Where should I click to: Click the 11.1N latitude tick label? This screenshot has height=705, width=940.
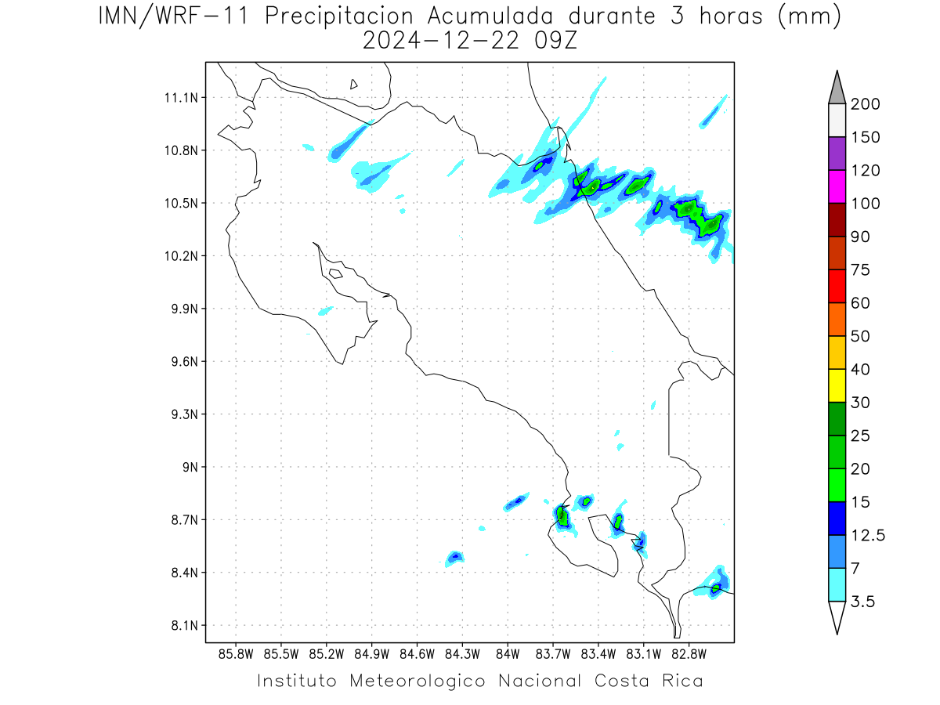[x=181, y=98]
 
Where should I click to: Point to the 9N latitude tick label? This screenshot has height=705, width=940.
[x=190, y=467]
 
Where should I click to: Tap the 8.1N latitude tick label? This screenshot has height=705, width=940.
[x=185, y=625]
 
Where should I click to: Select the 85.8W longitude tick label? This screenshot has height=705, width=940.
[x=236, y=655]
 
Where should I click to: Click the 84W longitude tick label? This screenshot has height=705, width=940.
[x=508, y=655]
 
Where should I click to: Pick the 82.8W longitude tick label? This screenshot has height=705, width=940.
[x=689, y=655]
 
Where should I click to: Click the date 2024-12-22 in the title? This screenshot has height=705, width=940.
[x=441, y=41]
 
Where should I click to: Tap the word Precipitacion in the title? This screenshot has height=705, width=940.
[x=339, y=16]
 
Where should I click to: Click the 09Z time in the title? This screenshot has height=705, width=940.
[x=555, y=41]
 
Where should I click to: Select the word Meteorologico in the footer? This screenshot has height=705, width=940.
[x=417, y=681]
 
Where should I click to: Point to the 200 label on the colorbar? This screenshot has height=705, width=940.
[x=865, y=104]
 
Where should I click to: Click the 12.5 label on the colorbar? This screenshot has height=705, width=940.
[x=868, y=536]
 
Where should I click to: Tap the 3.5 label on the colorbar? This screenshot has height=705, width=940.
[x=862, y=602]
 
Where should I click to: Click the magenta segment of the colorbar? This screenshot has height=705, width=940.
[x=837, y=186]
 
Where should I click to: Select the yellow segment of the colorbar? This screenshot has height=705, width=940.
[x=837, y=385]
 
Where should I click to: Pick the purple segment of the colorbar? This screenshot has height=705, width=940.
[x=837, y=154]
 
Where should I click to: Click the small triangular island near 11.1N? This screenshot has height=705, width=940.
[x=353, y=85]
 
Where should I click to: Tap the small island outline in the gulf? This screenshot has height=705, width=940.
[x=336, y=273]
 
